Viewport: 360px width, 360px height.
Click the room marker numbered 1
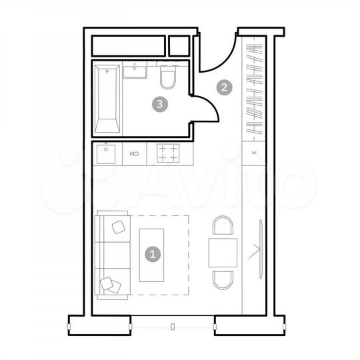tap(153, 253)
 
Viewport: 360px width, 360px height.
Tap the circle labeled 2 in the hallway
tap(225, 87)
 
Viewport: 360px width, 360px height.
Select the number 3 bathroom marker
tap(159, 103)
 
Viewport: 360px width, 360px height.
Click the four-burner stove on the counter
tap(167, 153)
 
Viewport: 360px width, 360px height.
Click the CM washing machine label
tap(133, 154)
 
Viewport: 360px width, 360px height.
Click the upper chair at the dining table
tap(223, 226)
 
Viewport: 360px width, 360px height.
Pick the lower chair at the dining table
tap(223, 280)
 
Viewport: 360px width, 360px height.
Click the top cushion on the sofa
tap(119, 227)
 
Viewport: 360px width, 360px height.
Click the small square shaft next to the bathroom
tap(179, 45)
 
